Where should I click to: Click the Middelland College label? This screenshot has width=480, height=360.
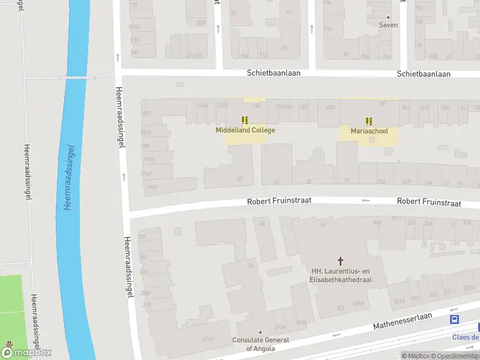[x=245, y=130]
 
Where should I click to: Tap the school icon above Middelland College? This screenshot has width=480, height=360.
[x=245, y=120]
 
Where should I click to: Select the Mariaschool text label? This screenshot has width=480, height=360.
[x=370, y=131]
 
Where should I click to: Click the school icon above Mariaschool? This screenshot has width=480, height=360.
[x=369, y=121]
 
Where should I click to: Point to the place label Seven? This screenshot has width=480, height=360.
[x=388, y=25]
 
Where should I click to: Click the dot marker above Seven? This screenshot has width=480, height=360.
[x=388, y=17]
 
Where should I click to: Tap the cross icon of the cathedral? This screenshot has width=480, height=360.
[x=341, y=261]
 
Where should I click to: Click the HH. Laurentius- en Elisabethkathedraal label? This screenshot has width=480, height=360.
[x=341, y=275]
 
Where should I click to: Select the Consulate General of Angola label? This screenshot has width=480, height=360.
[x=260, y=344]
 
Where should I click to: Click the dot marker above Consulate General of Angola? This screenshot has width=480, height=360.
[x=260, y=332]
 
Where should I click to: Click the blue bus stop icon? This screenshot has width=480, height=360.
[x=455, y=320]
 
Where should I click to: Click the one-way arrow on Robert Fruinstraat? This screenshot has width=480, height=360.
[x=366, y=200]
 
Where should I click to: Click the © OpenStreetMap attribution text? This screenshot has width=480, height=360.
[x=456, y=356]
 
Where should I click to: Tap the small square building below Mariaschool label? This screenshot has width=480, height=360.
[x=371, y=140]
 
